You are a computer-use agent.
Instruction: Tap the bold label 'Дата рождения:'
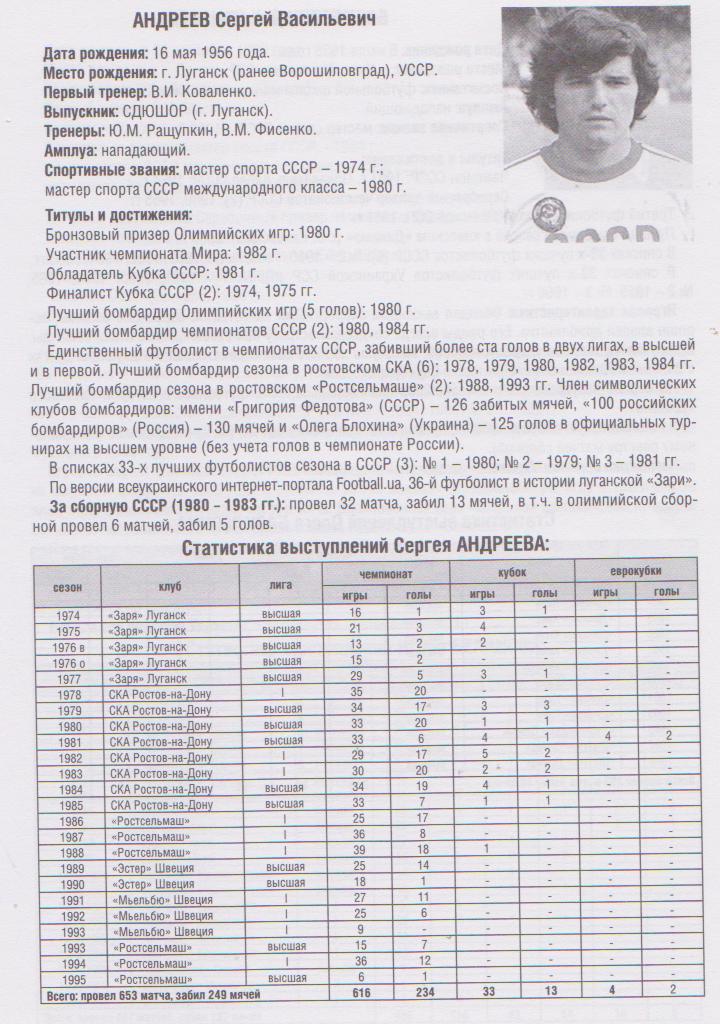pos(92,53)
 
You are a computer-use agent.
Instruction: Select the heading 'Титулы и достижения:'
pos(119,215)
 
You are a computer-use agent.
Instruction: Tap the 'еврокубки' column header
pos(635,571)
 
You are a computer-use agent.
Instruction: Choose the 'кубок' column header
pos(511,571)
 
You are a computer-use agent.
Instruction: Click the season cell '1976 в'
pos(68,646)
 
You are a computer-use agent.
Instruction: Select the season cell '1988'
pos(68,851)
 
